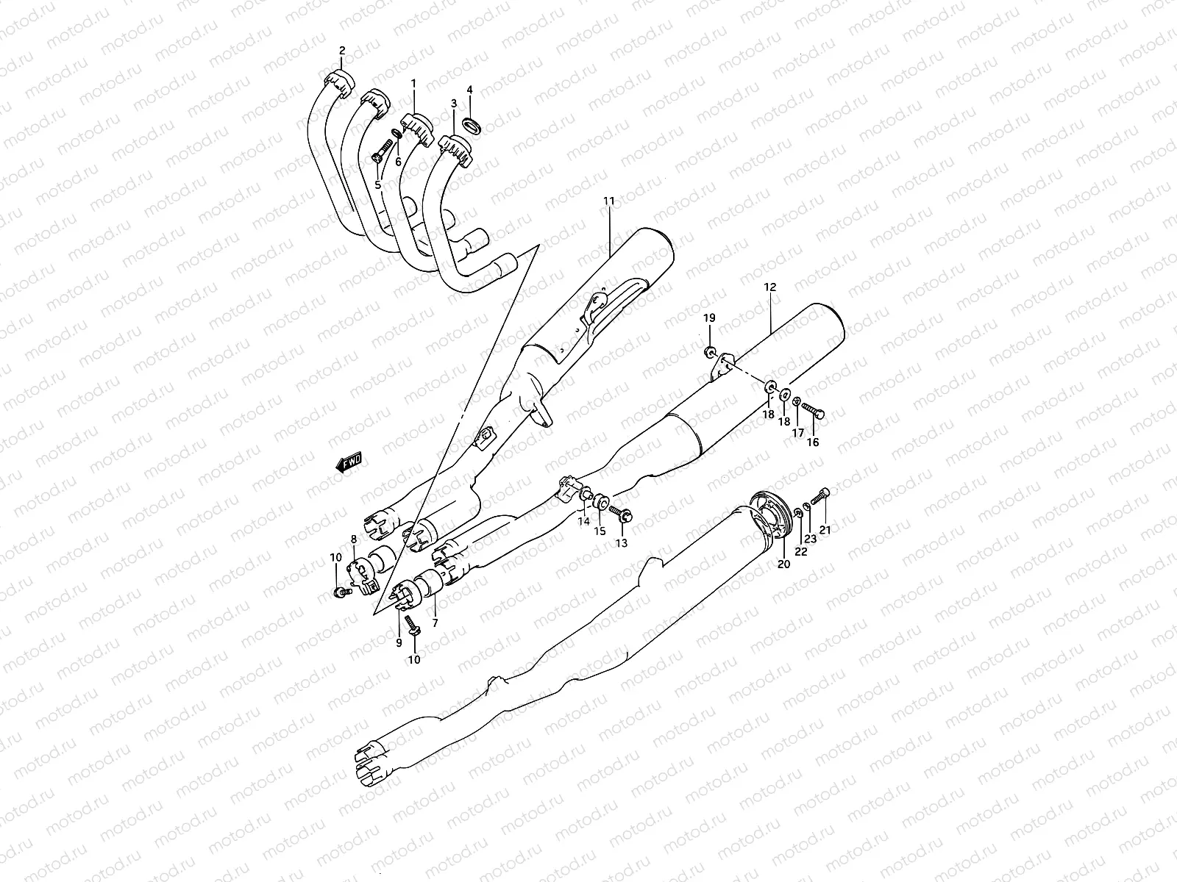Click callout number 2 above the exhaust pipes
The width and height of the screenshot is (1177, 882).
tap(342, 51)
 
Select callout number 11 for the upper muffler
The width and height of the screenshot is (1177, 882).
tap(608, 181)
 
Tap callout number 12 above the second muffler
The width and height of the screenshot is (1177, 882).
tap(770, 287)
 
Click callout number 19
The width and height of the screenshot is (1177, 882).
tap(708, 318)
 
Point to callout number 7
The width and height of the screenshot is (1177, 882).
tap(435, 623)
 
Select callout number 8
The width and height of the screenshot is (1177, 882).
tap(354, 539)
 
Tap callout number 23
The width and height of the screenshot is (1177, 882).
tap(810, 539)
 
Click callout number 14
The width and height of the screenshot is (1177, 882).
tap(584, 522)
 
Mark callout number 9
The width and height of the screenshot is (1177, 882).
tap(399, 642)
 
